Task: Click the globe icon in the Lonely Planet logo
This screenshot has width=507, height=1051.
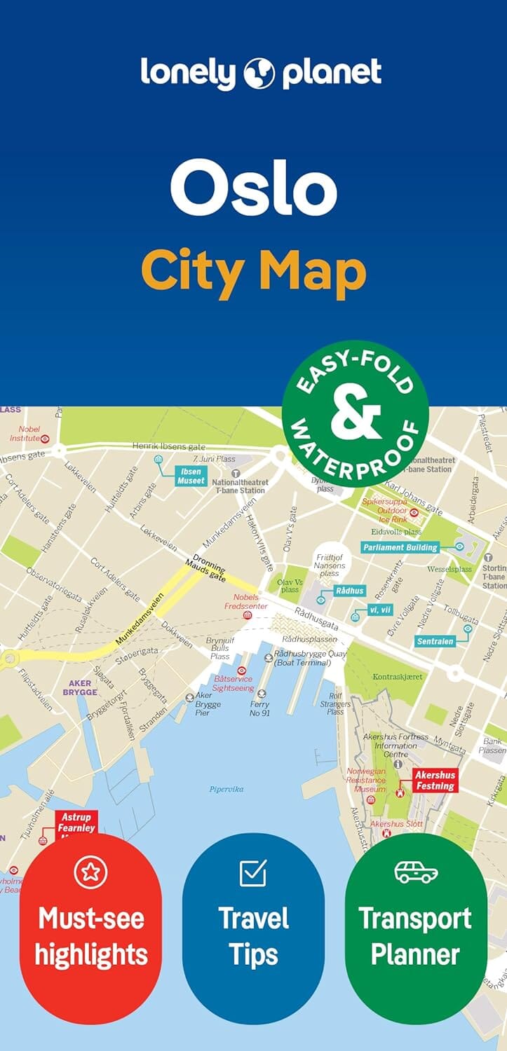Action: (259, 72)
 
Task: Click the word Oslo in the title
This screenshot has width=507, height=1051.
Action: (253, 188)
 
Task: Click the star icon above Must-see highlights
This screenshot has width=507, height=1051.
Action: (90, 872)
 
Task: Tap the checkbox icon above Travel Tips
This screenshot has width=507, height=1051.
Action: (253, 872)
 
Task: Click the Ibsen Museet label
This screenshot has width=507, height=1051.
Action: (191, 476)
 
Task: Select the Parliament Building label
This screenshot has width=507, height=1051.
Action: (400, 547)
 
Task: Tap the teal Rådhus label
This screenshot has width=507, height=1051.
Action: (349, 591)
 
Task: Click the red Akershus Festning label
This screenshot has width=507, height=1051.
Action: (435, 781)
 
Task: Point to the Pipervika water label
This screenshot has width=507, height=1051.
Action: (226, 789)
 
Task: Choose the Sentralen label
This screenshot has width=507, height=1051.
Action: (435, 641)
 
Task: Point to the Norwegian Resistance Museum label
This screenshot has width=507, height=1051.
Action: (366, 780)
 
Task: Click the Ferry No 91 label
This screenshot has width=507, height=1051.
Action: (259, 709)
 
